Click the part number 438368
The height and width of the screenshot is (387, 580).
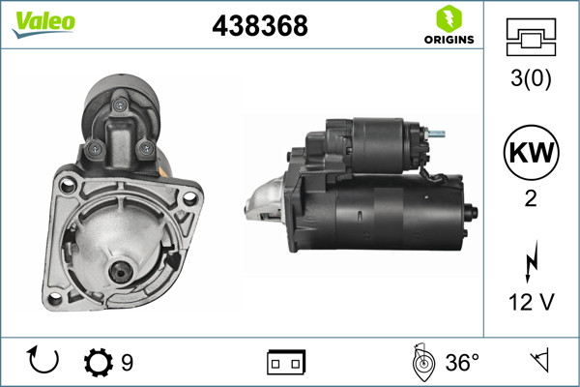(x=259, y=26)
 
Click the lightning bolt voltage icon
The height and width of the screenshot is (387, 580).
(x=529, y=261)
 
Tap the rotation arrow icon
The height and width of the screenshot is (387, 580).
(x=44, y=362)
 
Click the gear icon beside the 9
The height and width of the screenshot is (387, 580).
(x=98, y=363)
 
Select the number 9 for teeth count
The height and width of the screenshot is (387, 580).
(x=127, y=363)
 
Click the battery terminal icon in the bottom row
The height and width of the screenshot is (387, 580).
(x=286, y=363)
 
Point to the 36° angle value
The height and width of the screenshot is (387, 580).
(x=462, y=363)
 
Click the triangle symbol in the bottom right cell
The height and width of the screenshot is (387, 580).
(x=538, y=362)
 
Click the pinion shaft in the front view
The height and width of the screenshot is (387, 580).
(x=122, y=275)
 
